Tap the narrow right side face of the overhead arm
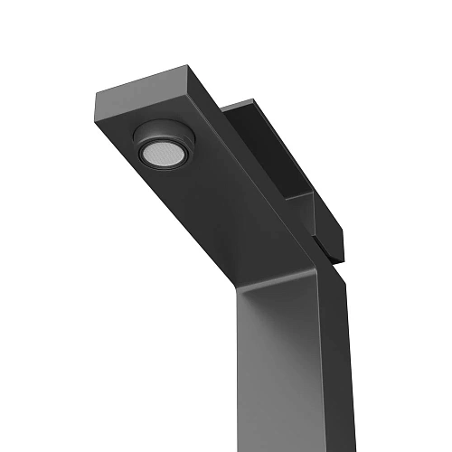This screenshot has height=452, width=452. point(271,181)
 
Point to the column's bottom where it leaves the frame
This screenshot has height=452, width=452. point(289,447)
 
